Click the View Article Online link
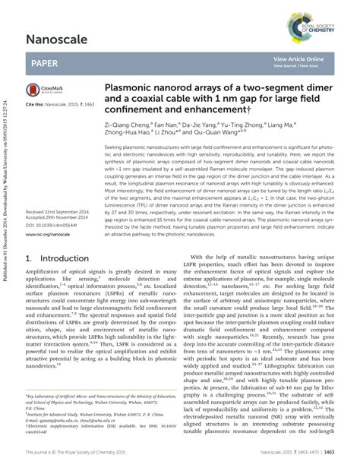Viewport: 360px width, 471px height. pos(298,58)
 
